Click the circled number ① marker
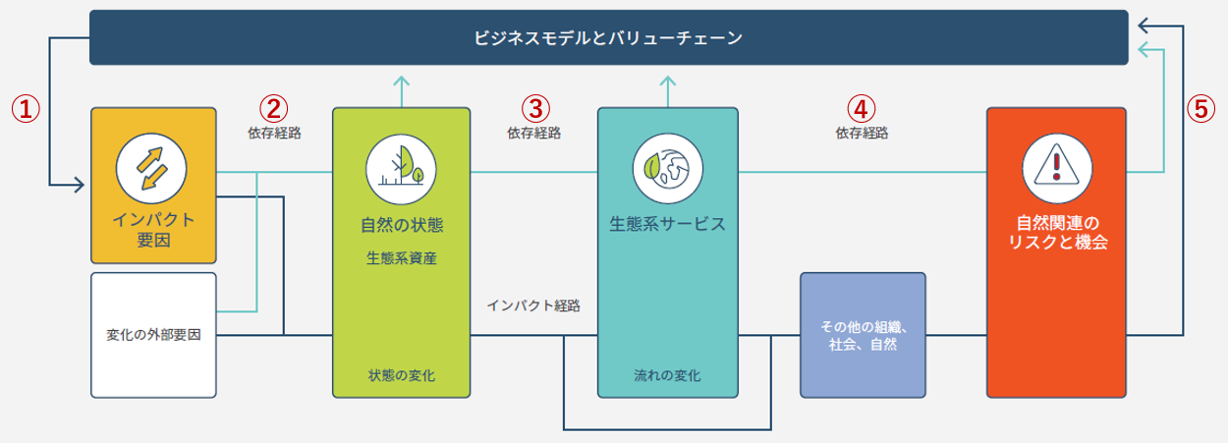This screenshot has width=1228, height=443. point(26,109)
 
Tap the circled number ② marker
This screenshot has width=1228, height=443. point(273,109)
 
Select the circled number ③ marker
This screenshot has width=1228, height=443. point(535,109)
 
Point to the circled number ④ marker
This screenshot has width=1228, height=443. point(862,109)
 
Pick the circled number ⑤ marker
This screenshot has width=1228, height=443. point(1201,109)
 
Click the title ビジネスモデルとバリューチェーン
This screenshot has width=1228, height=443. point(608,38)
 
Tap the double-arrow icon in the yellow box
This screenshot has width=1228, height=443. point(151,168)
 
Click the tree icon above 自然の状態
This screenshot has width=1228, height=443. point(401,169)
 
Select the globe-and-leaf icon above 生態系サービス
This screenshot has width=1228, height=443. point(668,168)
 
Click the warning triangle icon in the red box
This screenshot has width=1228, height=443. point(1057,168)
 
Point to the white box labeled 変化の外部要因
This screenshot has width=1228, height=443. point(153,335)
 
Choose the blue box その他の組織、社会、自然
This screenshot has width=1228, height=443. point(863,335)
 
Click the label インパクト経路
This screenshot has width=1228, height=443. point(533,305)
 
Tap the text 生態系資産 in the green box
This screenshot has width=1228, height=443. point(401,258)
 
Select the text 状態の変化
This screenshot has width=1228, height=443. point(401,375)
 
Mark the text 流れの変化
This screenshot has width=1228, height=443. point(667,375)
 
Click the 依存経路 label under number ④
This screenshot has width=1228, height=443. point(862,133)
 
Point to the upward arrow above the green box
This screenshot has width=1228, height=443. point(401,91)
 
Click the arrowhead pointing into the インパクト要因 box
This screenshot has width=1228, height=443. point(80,185)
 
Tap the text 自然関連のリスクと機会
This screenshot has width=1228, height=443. point(1057,233)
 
